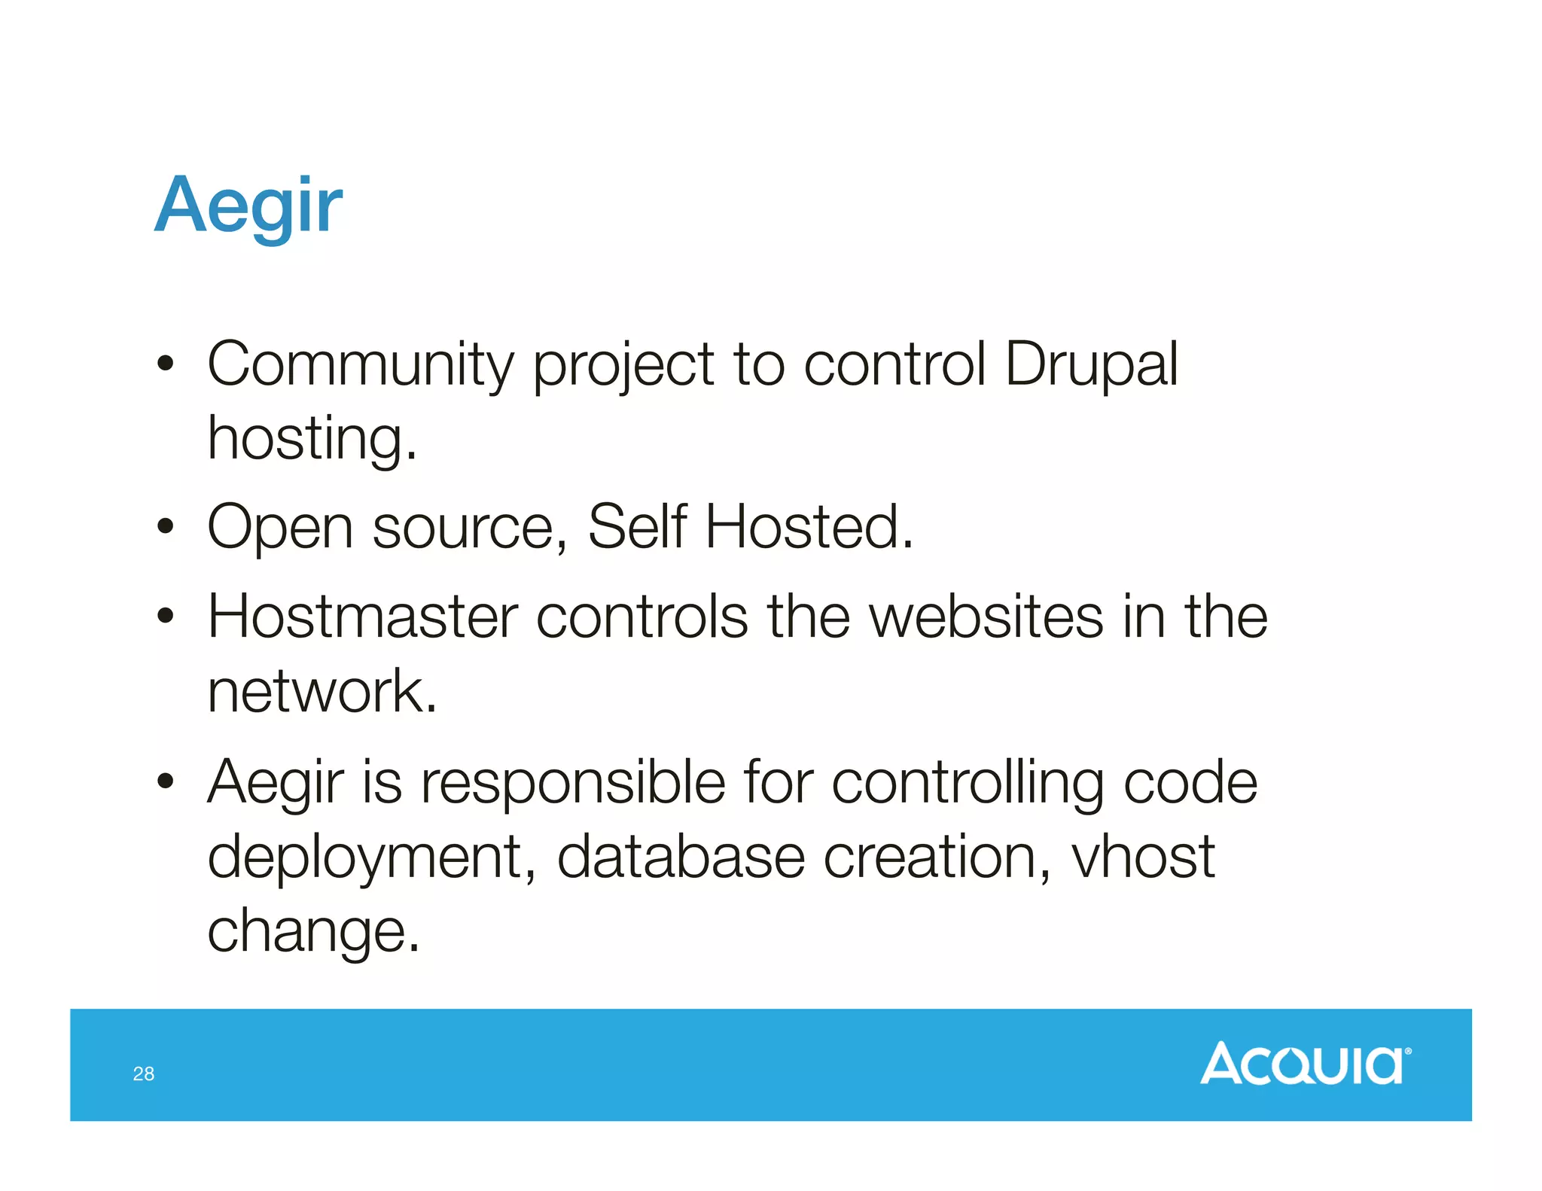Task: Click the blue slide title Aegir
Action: pyautogui.click(x=248, y=205)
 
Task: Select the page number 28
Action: pyautogui.click(x=144, y=1074)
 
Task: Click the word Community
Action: pyautogui.click(x=361, y=364)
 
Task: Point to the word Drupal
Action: pyautogui.click(x=1091, y=364)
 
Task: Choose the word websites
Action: pyautogui.click(x=986, y=617)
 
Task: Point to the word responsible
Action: pyautogui.click(x=573, y=782)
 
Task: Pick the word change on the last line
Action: pyautogui.click(x=312, y=931)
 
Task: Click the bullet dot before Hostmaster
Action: pyautogui.click(x=166, y=617)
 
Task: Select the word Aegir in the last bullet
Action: pyautogui.click(x=276, y=784)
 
